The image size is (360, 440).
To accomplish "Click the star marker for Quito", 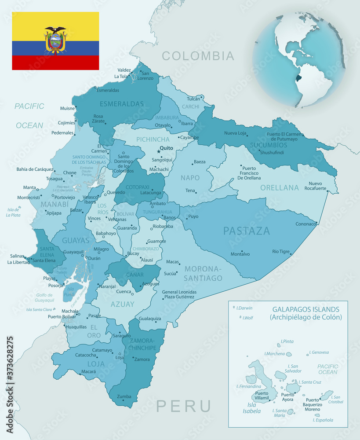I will tap(159, 151).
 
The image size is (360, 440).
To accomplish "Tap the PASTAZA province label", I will tap(246, 231).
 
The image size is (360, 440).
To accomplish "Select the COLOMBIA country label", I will tap(198, 56).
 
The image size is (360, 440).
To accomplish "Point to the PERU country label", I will tap(184, 406).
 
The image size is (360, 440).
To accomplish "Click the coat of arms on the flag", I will tap(55, 40).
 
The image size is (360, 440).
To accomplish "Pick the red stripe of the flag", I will tap(55, 62).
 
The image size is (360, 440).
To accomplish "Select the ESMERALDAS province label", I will tap(122, 104).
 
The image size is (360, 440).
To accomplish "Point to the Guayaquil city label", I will tap(73, 252).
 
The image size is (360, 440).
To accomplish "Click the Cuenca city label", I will tap(124, 291).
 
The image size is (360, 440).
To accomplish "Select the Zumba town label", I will tap(124, 396).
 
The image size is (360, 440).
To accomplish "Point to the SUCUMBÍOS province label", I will tap(269, 145).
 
